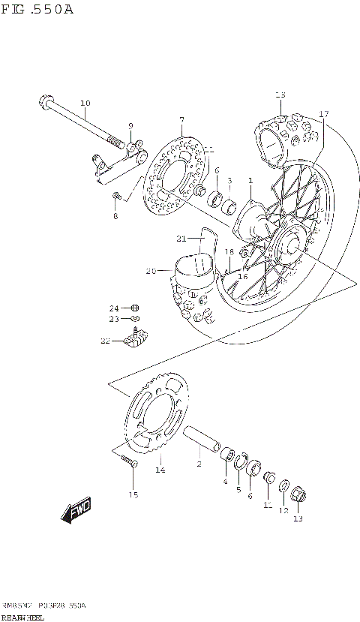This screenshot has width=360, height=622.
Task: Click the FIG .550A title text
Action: (x=37, y=11)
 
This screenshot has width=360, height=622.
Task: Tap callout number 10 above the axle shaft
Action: (x=85, y=103)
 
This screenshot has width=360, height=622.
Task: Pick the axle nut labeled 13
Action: (x=298, y=496)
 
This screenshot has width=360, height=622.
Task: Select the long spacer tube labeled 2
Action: (x=200, y=440)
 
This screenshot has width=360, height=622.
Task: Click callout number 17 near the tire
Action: (x=324, y=114)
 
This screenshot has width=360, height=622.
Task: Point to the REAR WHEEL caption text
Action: (x=22, y=617)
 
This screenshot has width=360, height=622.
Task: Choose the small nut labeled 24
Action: (x=135, y=308)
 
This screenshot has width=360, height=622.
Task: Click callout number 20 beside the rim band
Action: (x=150, y=271)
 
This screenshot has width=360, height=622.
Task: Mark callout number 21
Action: (x=181, y=239)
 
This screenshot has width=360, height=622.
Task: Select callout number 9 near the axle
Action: (x=130, y=126)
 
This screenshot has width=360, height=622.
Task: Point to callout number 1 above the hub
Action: (x=250, y=181)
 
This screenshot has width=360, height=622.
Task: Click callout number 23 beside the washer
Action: (x=114, y=319)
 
